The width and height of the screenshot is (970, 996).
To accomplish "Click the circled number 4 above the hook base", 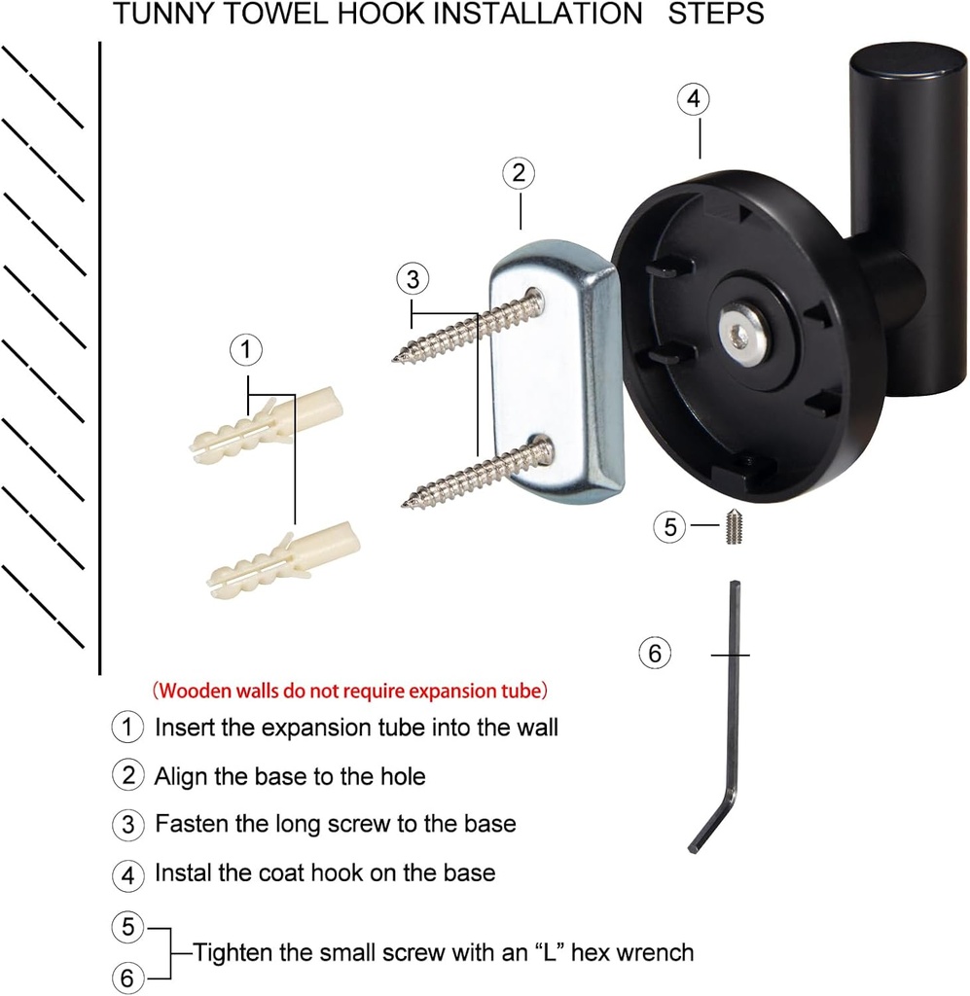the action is click(x=693, y=98).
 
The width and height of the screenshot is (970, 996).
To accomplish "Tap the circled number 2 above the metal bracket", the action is click(x=519, y=173).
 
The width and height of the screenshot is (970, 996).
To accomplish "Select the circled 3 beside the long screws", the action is click(x=413, y=279).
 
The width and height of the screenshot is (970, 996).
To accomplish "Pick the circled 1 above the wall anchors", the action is click(x=246, y=349).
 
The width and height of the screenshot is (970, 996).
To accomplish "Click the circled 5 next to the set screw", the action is click(x=669, y=526).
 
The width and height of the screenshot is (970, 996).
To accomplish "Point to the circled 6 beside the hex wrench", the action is click(x=655, y=653).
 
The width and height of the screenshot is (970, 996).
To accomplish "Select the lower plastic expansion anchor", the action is click(x=284, y=559).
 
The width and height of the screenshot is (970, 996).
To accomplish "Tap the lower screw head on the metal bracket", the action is click(x=544, y=445).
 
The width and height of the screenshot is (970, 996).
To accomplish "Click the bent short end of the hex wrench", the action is click(x=711, y=823).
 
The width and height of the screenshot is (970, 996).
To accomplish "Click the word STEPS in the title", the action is click(x=716, y=14).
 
